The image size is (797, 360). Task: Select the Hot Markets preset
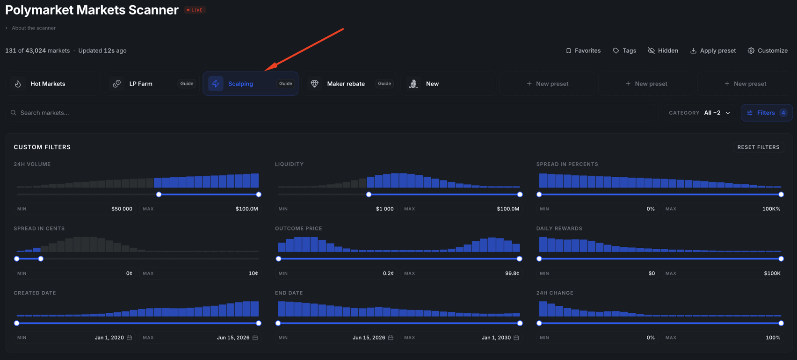[53, 84]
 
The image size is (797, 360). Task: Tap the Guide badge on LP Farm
[187, 84]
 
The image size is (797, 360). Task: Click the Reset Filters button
[758, 147]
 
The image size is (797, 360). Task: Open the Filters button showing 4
[767, 113]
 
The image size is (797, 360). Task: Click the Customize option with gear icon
[768, 50]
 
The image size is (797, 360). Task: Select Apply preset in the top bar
[713, 50]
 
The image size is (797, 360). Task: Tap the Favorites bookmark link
[583, 50]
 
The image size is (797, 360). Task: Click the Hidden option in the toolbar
[663, 50]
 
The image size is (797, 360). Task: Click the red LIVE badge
[195, 10]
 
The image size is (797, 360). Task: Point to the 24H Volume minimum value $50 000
[122, 209]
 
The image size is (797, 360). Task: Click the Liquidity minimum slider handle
[369, 194]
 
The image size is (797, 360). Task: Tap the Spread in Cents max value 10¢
[253, 273]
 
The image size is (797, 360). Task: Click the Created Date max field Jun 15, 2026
[233, 338]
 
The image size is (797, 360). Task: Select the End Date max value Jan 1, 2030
[496, 338]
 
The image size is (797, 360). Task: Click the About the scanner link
[34, 28]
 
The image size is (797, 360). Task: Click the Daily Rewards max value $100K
[772, 273]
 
